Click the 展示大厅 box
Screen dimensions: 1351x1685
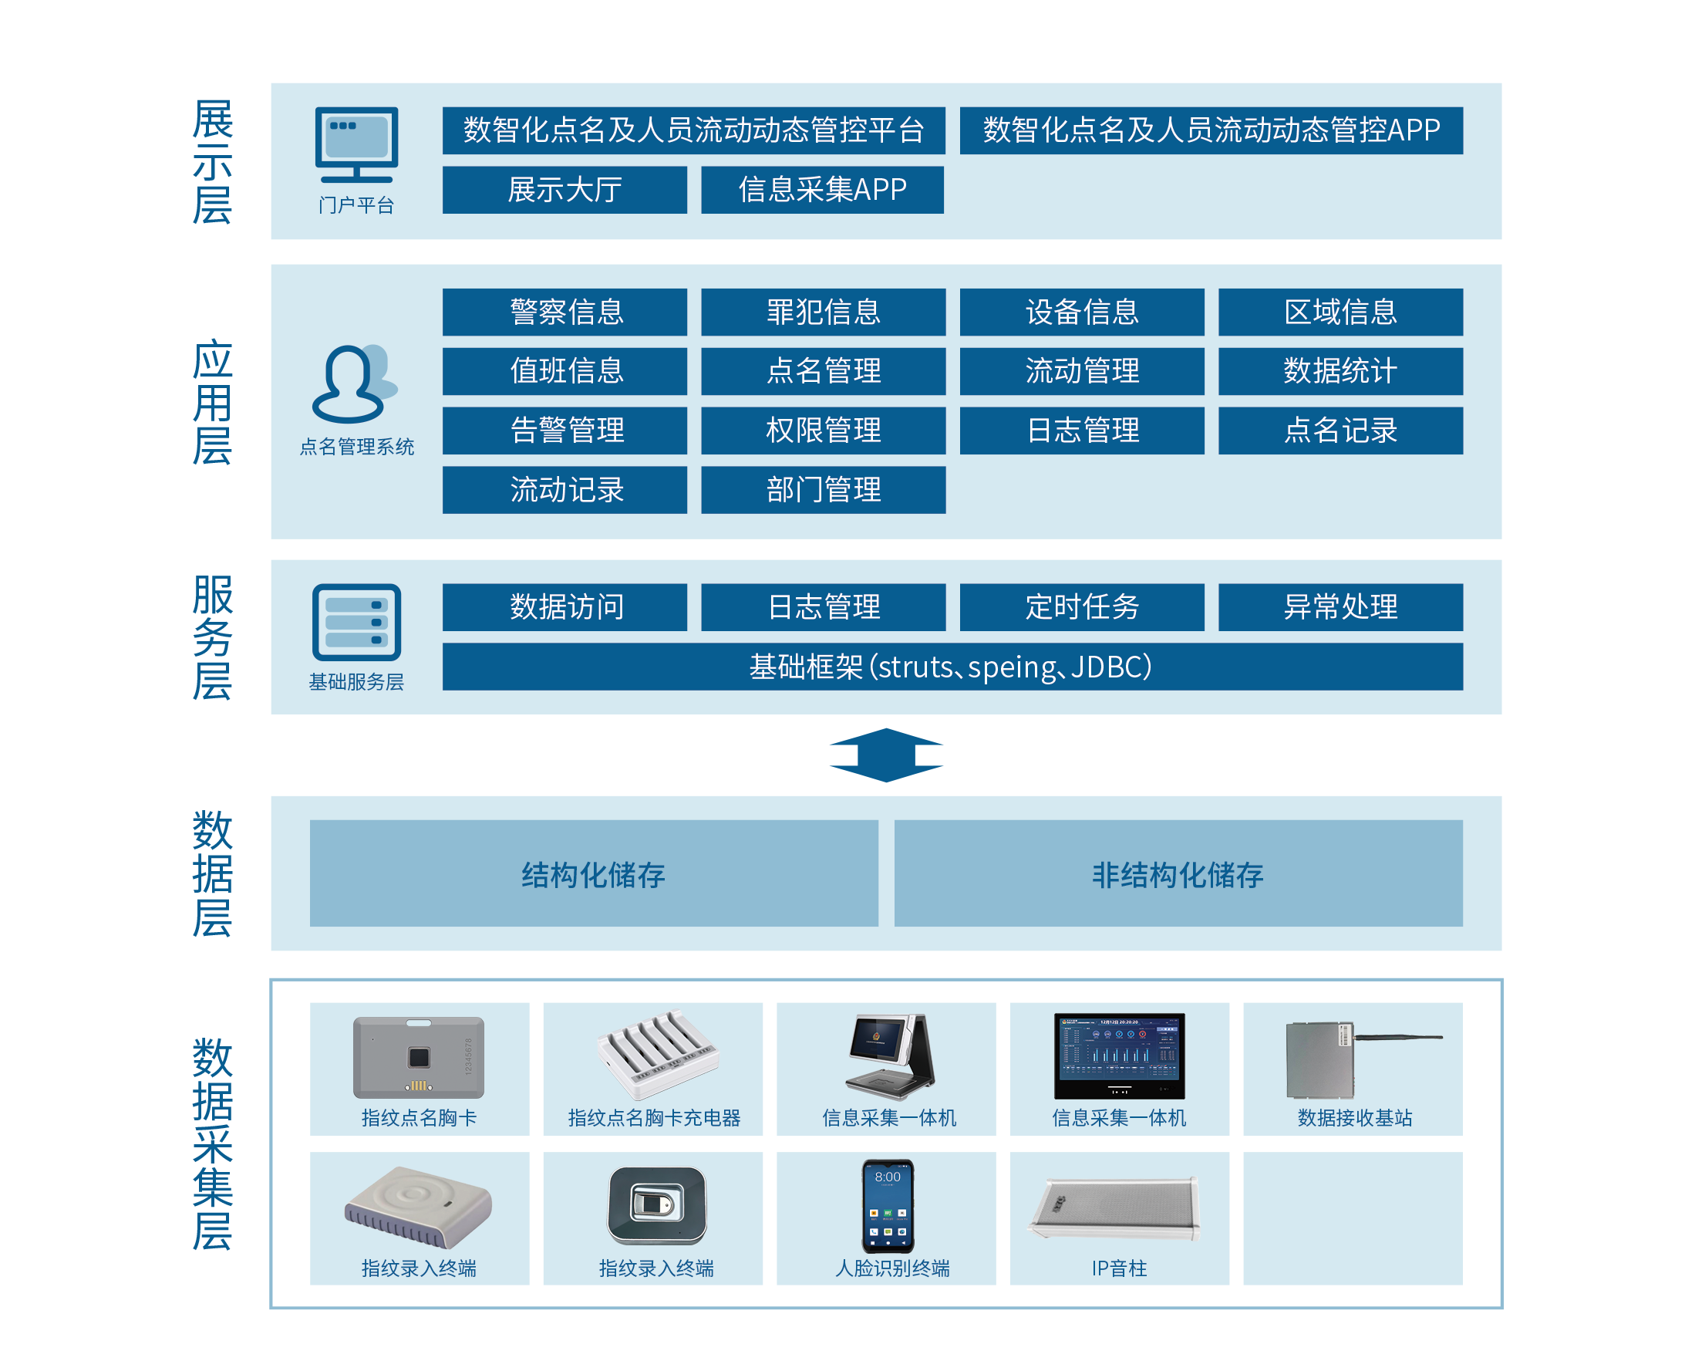pyautogui.click(x=564, y=190)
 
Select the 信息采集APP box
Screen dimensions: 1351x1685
pyautogui.click(x=821, y=190)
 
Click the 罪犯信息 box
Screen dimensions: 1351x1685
pyautogui.click(x=823, y=312)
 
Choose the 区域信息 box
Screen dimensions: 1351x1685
pyautogui.click(x=1340, y=312)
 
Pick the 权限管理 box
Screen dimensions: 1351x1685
pyautogui.click(x=823, y=430)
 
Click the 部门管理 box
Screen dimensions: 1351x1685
pyautogui.click(x=823, y=489)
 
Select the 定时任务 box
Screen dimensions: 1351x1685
pyautogui.click(x=1081, y=606)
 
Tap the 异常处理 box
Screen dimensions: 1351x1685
pyautogui.click(x=1340, y=606)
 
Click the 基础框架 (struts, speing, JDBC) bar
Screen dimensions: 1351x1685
pyautogui.click(x=952, y=667)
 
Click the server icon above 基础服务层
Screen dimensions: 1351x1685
pyautogui.click(x=356, y=623)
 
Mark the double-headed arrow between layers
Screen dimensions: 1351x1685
pyautogui.click(x=885, y=755)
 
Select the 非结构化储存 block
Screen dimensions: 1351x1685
pyautogui.click(x=1178, y=873)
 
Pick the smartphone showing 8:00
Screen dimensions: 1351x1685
pyautogui.click(x=887, y=1206)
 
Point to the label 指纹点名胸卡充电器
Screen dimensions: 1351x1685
pyautogui.click(x=653, y=1118)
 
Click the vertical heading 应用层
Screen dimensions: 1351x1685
pyautogui.click(x=212, y=402)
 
